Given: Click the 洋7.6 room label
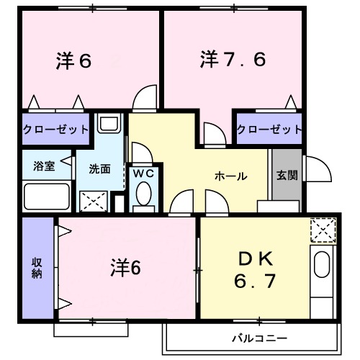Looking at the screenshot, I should (x=233, y=60).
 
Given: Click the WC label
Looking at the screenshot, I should (x=141, y=174).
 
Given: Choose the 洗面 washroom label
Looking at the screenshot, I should (x=100, y=169).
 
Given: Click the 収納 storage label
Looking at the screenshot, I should (x=36, y=266).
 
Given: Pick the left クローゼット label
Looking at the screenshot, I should (x=56, y=129).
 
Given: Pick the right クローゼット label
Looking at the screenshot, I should (x=269, y=129).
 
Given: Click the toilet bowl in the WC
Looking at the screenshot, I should (x=143, y=194).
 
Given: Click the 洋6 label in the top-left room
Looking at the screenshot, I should (x=73, y=61).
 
